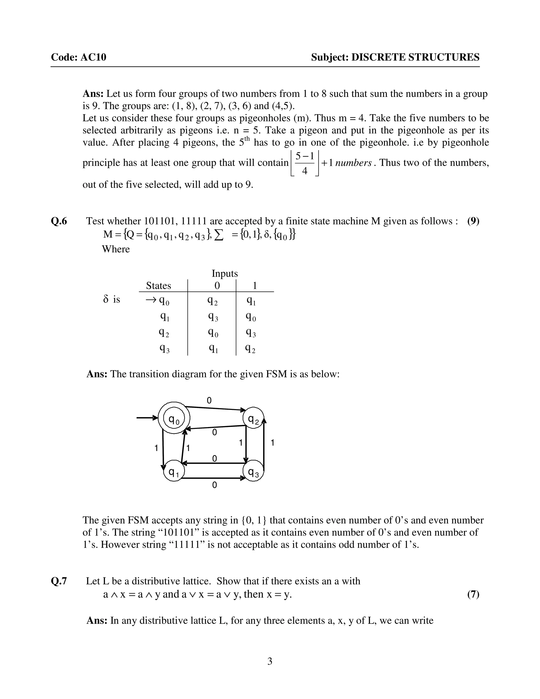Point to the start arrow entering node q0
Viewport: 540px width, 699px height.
[x=147, y=418]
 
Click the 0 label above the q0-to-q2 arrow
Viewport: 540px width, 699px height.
[x=209, y=400]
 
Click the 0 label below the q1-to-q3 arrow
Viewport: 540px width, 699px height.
[x=214, y=485]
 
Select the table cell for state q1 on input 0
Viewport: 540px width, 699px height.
[x=213, y=317]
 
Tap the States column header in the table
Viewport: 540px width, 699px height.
[x=158, y=285]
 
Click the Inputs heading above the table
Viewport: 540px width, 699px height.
[x=225, y=273]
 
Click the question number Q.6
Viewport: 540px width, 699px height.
[x=59, y=221]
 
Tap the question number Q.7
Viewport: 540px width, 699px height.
[x=59, y=581]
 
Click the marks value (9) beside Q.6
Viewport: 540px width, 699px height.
[x=473, y=221]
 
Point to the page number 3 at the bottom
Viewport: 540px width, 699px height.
[x=270, y=661]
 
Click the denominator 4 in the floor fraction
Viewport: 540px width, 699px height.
[x=305, y=171]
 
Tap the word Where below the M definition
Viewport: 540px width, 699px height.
[x=116, y=249]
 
